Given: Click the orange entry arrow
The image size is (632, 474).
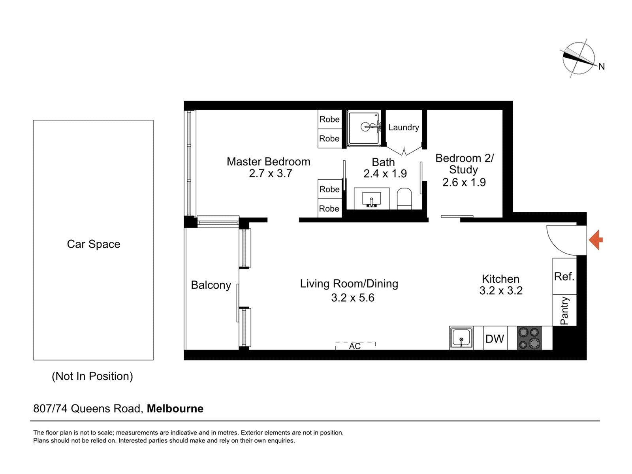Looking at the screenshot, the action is [596, 240].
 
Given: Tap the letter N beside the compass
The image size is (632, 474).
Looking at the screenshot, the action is [602, 67].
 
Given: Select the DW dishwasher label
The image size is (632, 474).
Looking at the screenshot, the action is [495, 339].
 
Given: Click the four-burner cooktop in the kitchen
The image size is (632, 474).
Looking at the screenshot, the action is [529, 338].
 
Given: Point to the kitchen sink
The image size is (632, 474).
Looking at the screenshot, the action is [461, 338].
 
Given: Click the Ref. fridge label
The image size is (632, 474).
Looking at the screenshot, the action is [564, 276].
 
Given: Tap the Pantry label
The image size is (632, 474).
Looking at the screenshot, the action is [564, 310].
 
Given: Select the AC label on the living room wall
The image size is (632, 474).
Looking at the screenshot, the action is [355, 346].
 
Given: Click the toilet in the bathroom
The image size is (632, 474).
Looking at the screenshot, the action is [404, 199].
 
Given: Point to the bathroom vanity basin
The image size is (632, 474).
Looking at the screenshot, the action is [371, 199].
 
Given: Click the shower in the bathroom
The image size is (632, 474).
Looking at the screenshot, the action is [364, 128].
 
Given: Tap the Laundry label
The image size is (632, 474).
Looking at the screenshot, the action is [404, 128].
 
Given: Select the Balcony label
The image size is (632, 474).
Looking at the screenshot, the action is [211, 285].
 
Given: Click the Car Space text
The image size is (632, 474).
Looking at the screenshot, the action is [94, 244].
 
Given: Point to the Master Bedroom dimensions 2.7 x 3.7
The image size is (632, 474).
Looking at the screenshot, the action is [271, 173].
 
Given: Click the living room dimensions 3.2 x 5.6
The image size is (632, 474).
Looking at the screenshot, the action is [353, 297].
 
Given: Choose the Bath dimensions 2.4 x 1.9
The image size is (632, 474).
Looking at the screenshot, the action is [385, 173].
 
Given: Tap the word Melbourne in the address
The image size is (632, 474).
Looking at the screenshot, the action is [175, 409].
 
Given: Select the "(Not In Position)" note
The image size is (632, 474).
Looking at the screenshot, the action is [92, 376].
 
